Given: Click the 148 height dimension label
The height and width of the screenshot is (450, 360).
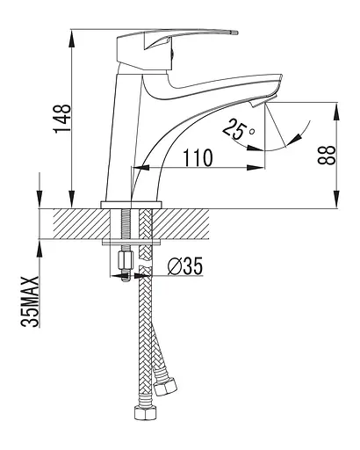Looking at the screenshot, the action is [62, 119].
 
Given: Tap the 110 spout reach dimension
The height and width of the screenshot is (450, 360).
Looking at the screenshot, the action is [198, 157].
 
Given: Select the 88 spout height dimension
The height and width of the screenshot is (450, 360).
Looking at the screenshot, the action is [327, 156].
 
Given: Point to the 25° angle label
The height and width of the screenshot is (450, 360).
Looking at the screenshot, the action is [238, 129].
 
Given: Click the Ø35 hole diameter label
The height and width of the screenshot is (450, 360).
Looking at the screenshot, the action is [185, 266].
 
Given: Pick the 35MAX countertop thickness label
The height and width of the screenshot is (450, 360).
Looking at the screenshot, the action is [30, 301].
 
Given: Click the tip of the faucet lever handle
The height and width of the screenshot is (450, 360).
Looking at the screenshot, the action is [236, 33].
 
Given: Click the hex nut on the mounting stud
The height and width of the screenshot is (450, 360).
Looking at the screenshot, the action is [125, 261].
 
